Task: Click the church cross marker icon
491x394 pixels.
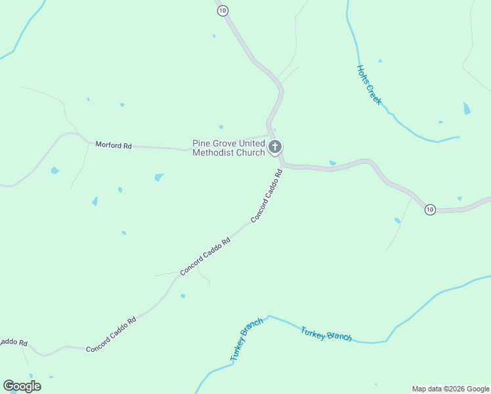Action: coord(276,147)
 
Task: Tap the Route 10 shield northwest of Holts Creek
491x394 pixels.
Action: coord(223,10)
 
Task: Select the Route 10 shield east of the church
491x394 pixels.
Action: coord(429,209)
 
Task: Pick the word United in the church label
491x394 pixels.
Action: coord(253,143)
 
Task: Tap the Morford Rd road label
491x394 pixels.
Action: coord(113,144)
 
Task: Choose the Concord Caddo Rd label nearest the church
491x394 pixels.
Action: coord(267,195)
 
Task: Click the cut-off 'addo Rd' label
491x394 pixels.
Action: coord(13,342)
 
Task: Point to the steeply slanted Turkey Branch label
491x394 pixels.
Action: coord(247,339)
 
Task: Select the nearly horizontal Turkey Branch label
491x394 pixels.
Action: coord(326,334)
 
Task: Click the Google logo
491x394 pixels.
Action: coord(22,386)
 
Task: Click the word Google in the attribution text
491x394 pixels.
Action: coord(478,389)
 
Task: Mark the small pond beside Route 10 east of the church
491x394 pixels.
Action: coord(333,163)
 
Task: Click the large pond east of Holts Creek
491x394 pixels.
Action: coord(467,108)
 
